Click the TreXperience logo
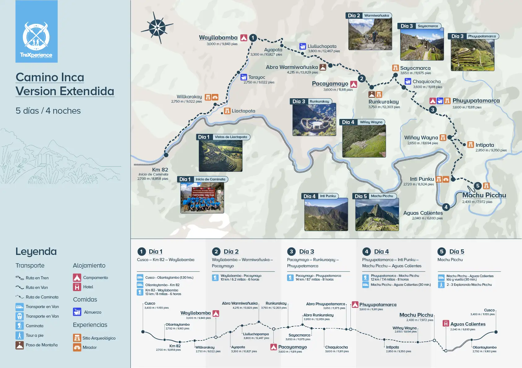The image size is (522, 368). [36, 39]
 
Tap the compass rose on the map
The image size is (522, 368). [157, 28]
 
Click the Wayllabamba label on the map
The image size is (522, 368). [218, 38]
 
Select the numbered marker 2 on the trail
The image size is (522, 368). [361, 78]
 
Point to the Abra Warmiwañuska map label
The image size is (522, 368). [292, 67]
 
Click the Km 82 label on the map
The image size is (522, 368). [160, 170]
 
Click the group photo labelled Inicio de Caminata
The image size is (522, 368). [202, 198]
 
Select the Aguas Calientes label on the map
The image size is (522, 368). [423, 213]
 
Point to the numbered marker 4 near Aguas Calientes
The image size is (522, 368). [446, 207]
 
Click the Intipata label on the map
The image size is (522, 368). [485, 145]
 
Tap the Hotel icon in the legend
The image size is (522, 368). [77, 287]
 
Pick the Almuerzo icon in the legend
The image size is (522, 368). [77, 312]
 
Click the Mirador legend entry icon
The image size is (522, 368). [77, 348]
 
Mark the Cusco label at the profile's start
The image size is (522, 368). [150, 303]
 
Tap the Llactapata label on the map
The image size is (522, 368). [243, 111]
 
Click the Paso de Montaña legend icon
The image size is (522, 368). [20, 345]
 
